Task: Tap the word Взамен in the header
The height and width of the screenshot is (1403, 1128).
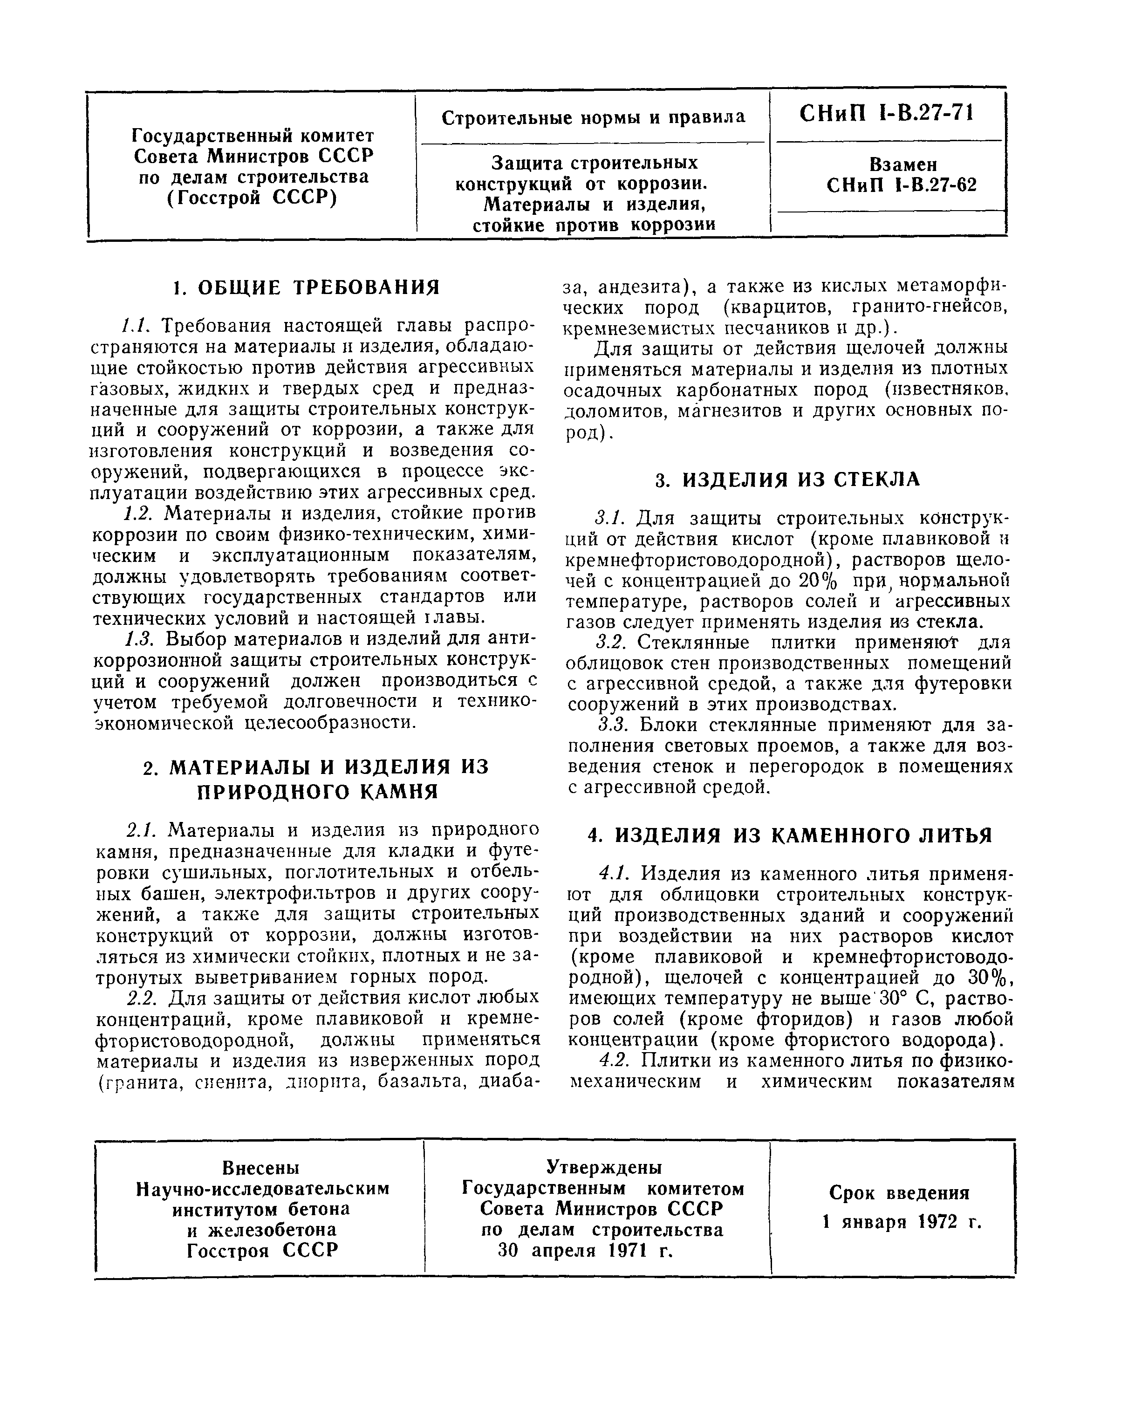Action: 903,164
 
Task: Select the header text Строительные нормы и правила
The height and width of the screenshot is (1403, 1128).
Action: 593,118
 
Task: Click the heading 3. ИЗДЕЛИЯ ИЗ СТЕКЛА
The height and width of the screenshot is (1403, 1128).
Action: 787,479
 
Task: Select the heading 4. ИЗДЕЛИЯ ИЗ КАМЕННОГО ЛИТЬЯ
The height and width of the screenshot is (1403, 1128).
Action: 790,835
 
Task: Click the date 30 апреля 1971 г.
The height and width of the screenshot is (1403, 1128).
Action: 585,1251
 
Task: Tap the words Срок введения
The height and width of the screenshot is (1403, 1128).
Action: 899,1193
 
